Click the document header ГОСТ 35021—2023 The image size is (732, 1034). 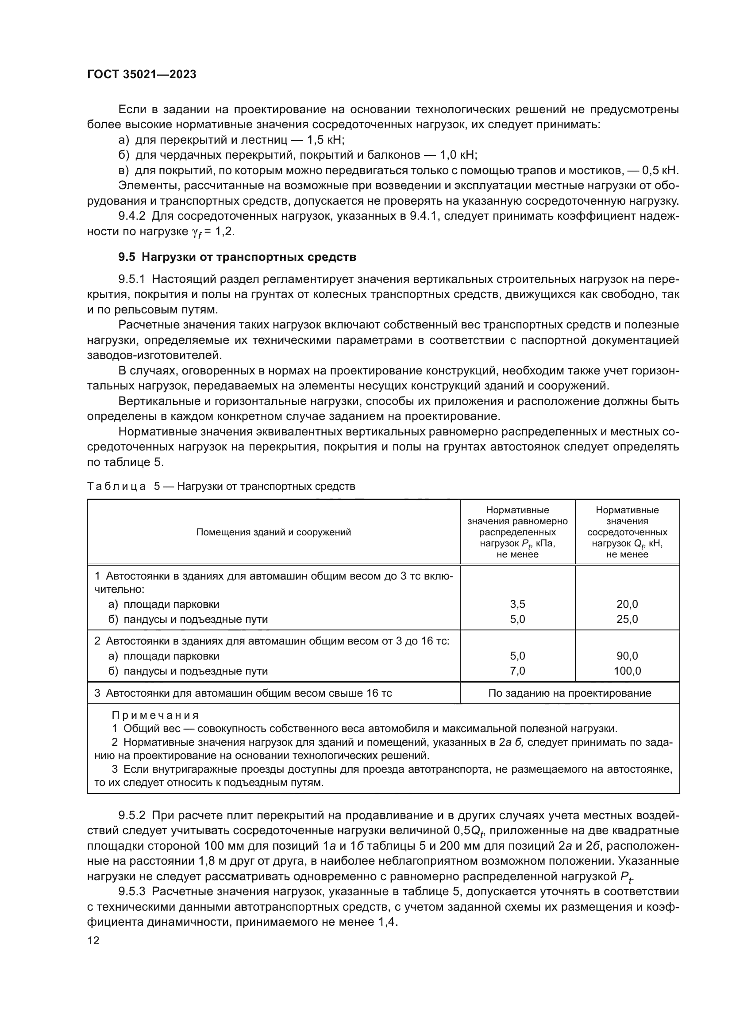(x=142, y=74)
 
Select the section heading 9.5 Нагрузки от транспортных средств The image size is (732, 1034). (x=237, y=257)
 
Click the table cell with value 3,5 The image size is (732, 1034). (x=517, y=604)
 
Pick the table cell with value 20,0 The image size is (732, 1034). (x=627, y=604)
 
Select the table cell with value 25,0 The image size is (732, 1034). (x=627, y=619)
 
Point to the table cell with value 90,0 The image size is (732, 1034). (x=627, y=656)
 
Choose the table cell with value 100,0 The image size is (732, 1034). (x=627, y=671)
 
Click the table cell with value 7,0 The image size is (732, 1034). (x=517, y=671)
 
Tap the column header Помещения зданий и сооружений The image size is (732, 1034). (x=273, y=532)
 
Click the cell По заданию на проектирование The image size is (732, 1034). (x=569, y=693)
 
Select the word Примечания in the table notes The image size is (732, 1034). (x=154, y=715)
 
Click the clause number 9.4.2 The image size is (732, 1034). (x=131, y=216)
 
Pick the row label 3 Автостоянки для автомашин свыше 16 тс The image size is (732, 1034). (x=243, y=693)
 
